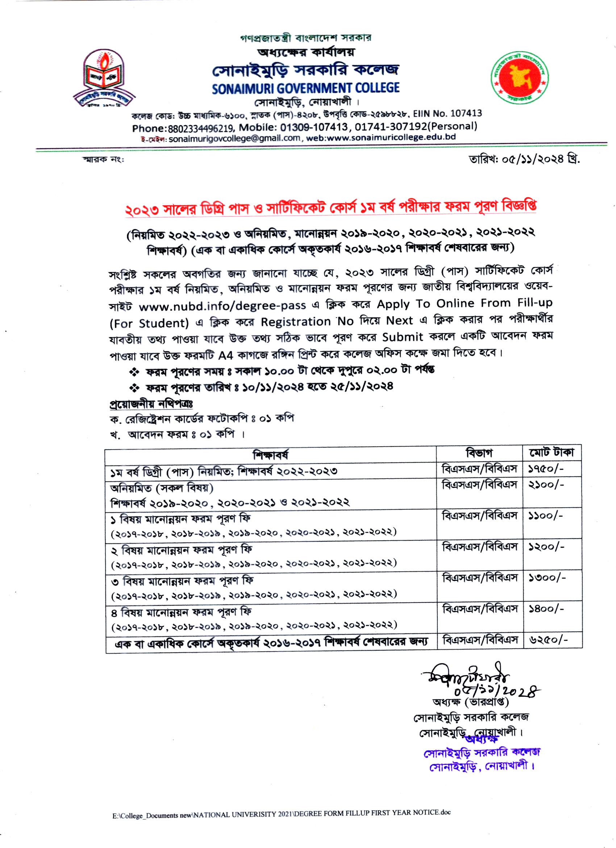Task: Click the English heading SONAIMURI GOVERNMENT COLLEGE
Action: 305,88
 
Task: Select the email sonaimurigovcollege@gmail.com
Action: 234,139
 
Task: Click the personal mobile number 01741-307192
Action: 391,127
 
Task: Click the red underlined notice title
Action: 330,207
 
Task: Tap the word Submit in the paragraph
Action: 402,337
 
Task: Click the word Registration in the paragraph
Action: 296,322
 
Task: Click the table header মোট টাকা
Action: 552,452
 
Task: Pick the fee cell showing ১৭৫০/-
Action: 546,469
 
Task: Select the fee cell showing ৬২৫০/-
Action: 548,640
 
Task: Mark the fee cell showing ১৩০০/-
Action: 546,578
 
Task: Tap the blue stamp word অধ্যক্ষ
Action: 482,739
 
